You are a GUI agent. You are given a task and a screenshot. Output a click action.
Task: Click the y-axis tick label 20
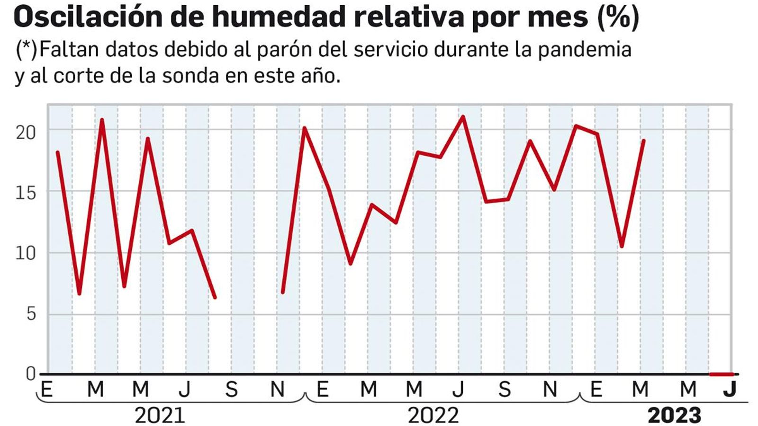point(26,133)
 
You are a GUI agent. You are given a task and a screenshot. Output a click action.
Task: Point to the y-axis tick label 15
point(26,193)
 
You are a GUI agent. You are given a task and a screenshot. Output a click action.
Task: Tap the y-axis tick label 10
point(26,254)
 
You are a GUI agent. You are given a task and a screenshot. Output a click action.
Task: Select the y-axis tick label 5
point(31,314)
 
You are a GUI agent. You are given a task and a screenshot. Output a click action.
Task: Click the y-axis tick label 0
point(31,374)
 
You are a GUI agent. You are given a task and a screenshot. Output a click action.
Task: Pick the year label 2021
point(160,416)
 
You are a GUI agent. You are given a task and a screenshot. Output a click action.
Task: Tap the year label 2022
point(433,416)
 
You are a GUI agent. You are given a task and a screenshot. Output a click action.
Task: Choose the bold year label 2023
point(674,416)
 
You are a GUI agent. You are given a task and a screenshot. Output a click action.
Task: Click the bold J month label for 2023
point(730,389)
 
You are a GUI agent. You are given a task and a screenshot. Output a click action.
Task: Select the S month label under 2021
point(231,390)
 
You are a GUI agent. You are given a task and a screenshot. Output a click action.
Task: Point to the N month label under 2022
point(550,390)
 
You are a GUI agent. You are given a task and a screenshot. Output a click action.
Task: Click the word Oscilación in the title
point(87,18)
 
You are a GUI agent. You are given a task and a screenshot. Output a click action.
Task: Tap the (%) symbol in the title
point(618,18)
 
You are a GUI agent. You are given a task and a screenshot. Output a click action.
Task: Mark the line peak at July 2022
point(463,116)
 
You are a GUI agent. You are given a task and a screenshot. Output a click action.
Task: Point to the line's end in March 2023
point(643,141)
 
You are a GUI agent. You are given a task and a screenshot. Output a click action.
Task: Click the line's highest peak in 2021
point(102,120)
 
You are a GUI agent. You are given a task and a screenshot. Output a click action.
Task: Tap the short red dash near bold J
point(721,374)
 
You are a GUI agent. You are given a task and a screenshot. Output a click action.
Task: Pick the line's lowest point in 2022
point(350,263)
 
